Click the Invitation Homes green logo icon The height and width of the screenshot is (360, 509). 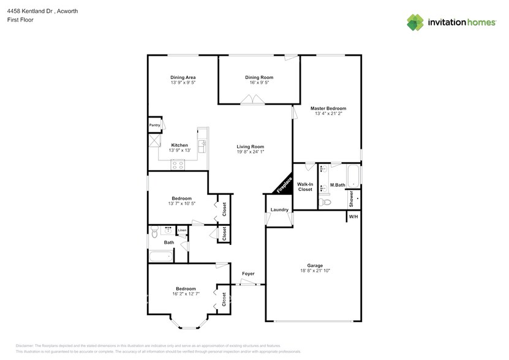click(x=415, y=22)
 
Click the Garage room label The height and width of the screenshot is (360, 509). click(x=311, y=266)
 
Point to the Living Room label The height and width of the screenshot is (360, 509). click(x=251, y=146)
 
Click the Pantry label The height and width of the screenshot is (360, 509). click(x=154, y=125)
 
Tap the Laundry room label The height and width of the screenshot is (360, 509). click(x=279, y=210)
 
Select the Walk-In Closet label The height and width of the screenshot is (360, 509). click(x=305, y=187)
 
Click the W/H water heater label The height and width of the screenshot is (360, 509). click(x=353, y=217)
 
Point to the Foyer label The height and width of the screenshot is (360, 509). click(x=248, y=274)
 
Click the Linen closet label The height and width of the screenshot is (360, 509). click(x=182, y=230)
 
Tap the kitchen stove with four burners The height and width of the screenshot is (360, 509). click(x=178, y=163)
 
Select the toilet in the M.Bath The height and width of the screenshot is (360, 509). click(x=326, y=202)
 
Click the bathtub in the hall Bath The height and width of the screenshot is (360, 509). click(x=161, y=257)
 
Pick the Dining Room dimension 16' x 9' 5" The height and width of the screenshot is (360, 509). click(x=259, y=83)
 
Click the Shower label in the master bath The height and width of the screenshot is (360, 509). click(x=352, y=197)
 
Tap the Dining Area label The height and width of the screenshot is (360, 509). click(x=183, y=77)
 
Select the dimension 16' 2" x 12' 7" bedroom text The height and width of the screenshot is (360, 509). click(x=186, y=294)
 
